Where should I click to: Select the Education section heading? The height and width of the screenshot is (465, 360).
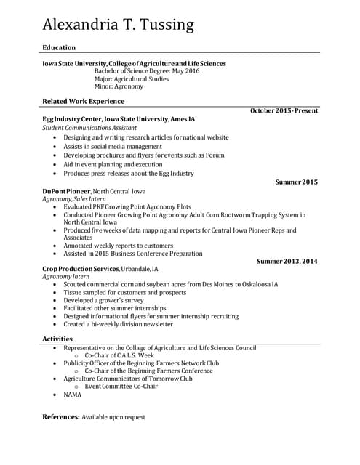(x=59, y=47)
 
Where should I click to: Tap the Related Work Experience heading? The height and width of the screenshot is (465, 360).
(x=83, y=101)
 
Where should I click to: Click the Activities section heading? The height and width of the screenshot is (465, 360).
(x=57, y=339)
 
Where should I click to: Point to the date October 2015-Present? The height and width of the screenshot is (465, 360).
(x=284, y=110)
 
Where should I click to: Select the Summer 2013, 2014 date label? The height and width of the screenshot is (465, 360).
(x=287, y=261)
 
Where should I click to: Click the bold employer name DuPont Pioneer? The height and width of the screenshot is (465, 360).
(x=66, y=191)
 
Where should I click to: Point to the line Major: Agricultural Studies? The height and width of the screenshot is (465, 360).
(x=131, y=79)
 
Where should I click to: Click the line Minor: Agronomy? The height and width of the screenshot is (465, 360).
(x=119, y=87)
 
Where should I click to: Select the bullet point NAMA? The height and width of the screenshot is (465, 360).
(x=73, y=395)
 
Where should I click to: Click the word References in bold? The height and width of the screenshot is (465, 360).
(x=60, y=417)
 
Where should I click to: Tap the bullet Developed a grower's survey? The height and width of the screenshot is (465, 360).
(x=104, y=300)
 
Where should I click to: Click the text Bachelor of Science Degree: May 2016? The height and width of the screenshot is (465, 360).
(x=147, y=71)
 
